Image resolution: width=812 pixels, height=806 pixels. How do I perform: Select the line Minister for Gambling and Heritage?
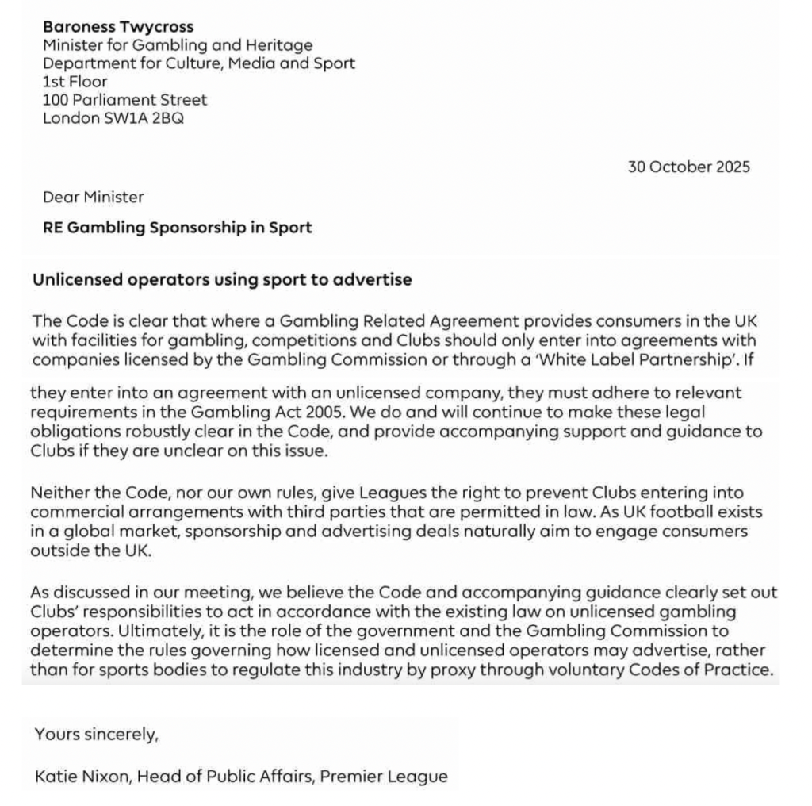[178, 45]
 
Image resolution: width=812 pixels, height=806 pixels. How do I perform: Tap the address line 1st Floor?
[75, 82]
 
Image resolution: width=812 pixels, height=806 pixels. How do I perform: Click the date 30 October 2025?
[688, 167]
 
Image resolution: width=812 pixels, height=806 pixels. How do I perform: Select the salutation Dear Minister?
[94, 197]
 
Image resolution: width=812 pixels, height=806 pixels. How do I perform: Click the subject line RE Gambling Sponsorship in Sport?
[178, 228]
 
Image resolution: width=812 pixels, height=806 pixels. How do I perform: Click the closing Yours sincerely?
[97, 735]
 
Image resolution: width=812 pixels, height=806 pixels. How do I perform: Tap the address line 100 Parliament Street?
[125, 100]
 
